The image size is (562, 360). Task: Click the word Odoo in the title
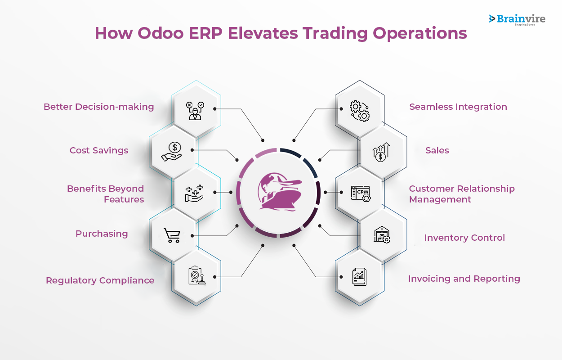pyautogui.click(x=161, y=33)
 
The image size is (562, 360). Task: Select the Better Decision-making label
pyautogui.click(x=98, y=107)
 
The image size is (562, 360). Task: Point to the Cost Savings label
pyautogui.click(x=99, y=150)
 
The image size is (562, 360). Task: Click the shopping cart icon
pyautogui.click(x=172, y=235)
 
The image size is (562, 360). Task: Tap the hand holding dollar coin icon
pyautogui.click(x=172, y=152)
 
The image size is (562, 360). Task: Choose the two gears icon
pyautogui.click(x=360, y=111)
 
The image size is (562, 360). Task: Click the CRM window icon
pyautogui.click(x=361, y=194)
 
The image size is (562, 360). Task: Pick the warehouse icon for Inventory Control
pyautogui.click(x=382, y=234)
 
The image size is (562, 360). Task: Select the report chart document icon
pyautogui.click(x=359, y=277)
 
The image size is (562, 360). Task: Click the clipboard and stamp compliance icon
pyautogui.click(x=197, y=275)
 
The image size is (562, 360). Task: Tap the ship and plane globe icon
pyautogui.click(x=280, y=192)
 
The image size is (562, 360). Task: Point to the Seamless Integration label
pyautogui.click(x=458, y=107)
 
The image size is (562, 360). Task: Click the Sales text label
pyautogui.click(x=437, y=150)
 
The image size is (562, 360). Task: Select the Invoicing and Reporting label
pyautogui.click(x=464, y=279)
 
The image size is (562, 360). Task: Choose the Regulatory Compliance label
pyautogui.click(x=100, y=280)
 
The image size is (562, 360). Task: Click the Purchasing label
pyautogui.click(x=102, y=234)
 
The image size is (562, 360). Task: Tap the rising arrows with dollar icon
pyautogui.click(x=381, y=152)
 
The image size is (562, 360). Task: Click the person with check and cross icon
pyautogui.click(x=195, y=111)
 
